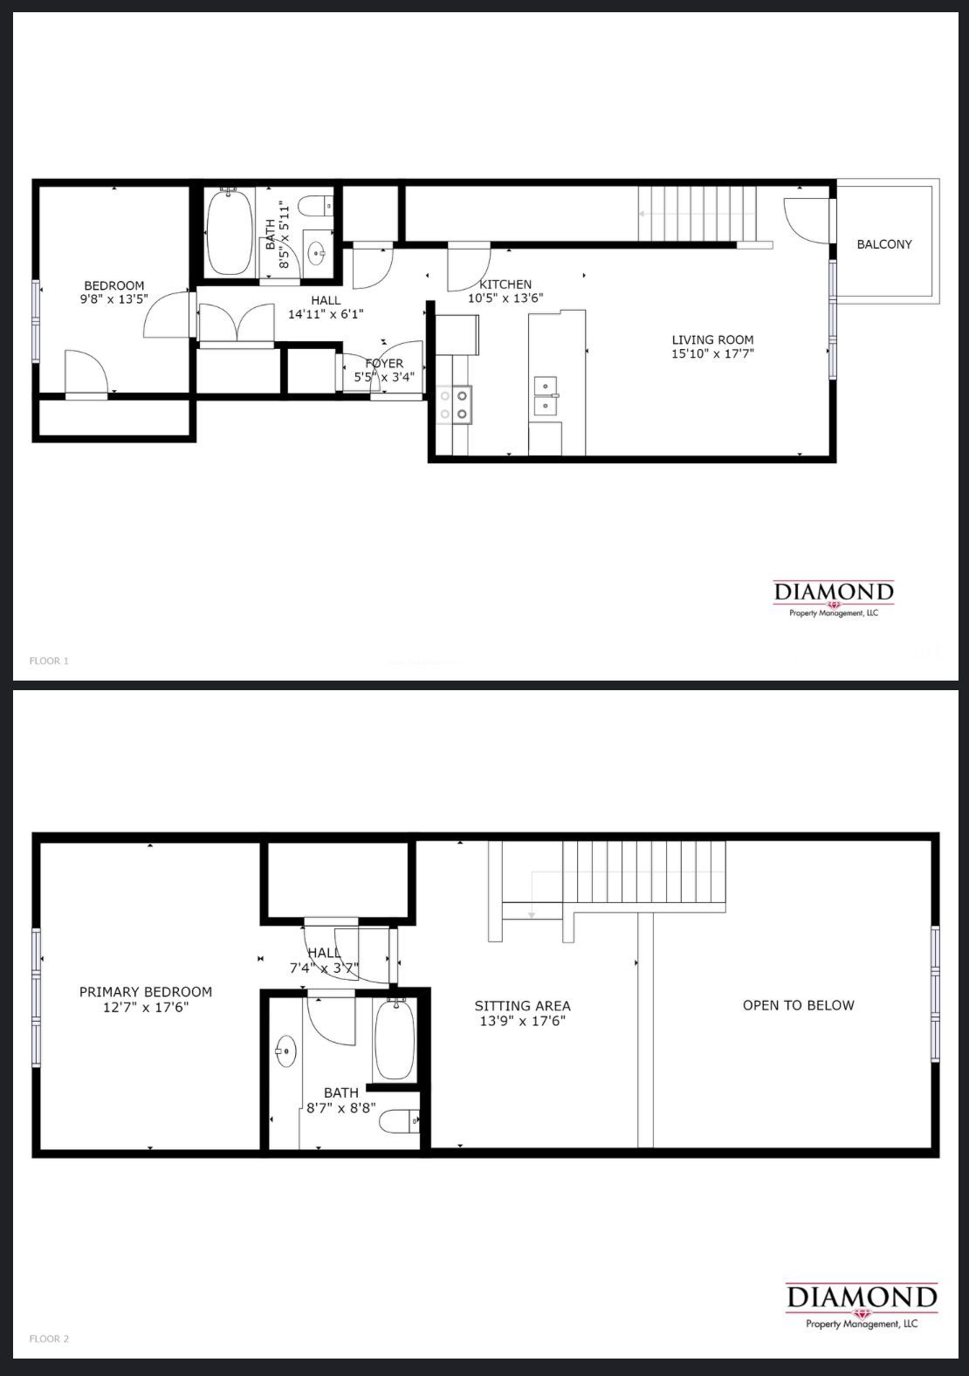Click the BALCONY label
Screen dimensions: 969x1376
pos(884,244)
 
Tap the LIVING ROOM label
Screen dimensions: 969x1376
pos(712,339)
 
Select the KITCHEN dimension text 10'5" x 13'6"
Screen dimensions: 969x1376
pos(505,298)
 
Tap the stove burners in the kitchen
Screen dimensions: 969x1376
pos(456,405)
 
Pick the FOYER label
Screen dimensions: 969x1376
pos(385,364)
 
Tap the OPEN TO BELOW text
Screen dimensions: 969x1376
pos(798,1005)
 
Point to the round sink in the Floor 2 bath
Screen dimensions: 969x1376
pos(286,1052)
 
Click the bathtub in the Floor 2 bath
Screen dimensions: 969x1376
pos(394,1040)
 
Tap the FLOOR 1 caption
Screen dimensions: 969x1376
pos(49,661)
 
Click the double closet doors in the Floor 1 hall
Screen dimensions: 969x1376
pos(237,322)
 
